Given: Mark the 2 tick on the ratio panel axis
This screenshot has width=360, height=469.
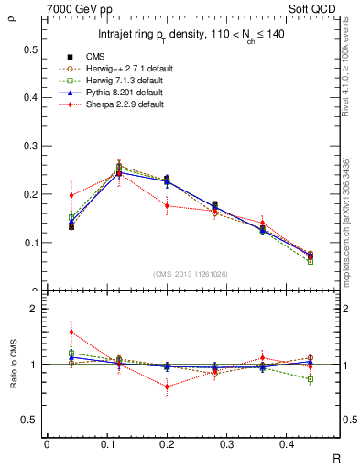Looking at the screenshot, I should pyautogui.click(x=33, y=310).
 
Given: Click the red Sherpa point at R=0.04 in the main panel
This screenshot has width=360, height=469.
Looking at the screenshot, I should pyautogui.click(x=71, y=194).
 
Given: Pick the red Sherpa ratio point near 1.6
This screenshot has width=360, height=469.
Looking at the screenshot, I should pyautogui.click(x=71, y=333).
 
